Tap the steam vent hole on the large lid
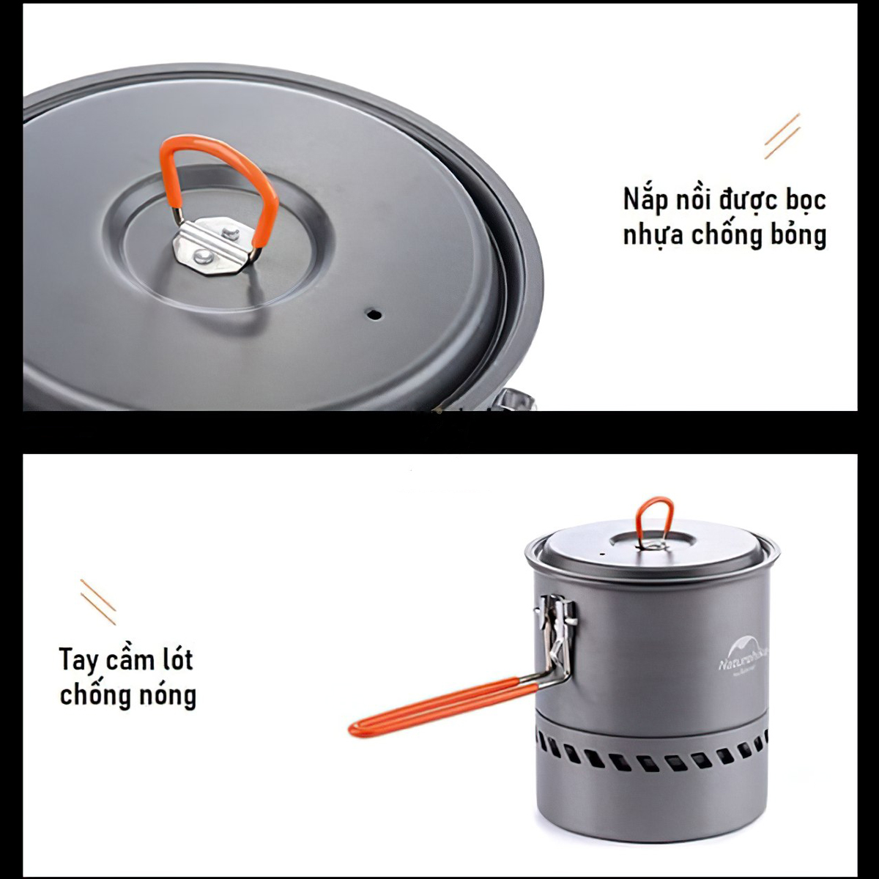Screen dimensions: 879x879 [x=374, y=314]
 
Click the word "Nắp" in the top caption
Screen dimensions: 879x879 [x=646, y=200]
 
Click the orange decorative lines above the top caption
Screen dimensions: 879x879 [x=782, y=136]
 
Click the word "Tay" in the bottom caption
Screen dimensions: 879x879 [x=78, y=661]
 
